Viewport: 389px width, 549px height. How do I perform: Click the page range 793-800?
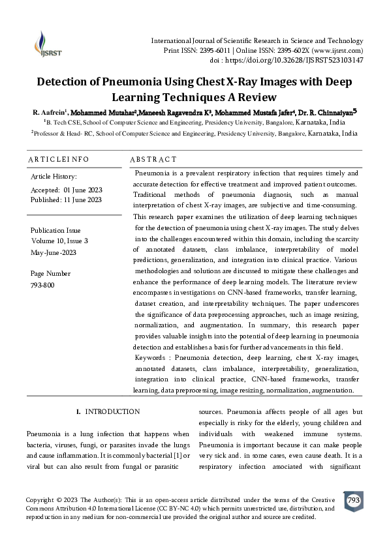42,285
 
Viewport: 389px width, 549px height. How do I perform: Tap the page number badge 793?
353,500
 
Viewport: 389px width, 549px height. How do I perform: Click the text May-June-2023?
54,251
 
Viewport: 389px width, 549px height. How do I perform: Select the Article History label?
54,177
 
